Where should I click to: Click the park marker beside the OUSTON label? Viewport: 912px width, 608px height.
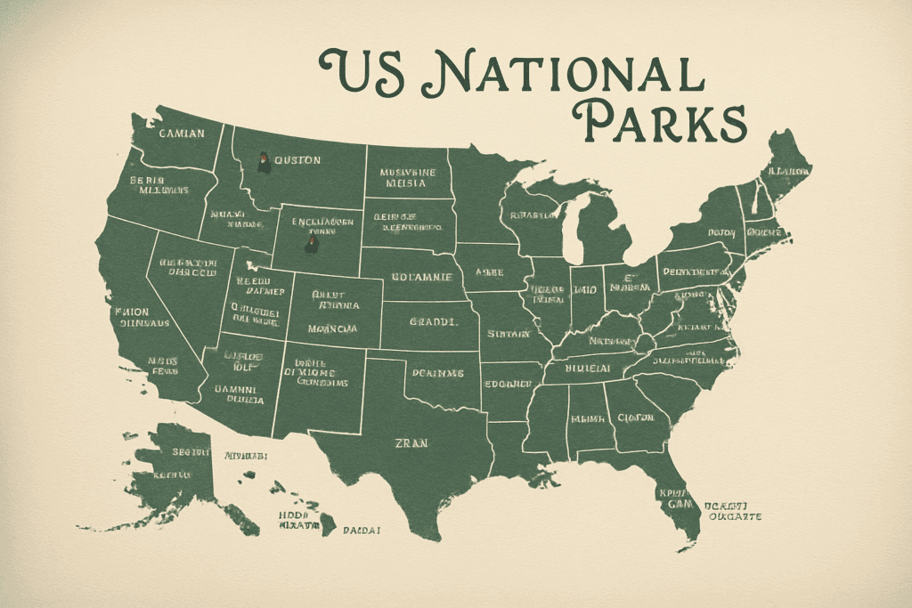pos(265,162)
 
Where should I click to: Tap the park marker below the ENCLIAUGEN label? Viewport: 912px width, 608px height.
pos(311,242)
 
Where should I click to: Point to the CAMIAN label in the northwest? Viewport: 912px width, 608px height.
pos(181,134)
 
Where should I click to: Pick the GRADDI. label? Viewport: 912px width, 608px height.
pos(432,322)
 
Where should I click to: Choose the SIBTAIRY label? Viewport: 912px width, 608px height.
pos(508,334)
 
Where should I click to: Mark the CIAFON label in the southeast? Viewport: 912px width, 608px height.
pos(634,417)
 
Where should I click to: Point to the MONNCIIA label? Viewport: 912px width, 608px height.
pos(332,328)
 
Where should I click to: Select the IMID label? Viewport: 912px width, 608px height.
pos(584,289)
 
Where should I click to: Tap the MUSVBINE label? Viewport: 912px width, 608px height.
pos(407,172)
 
